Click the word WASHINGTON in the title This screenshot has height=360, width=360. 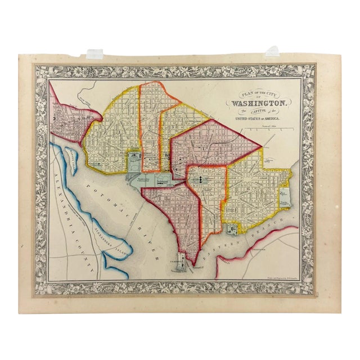point(258,103)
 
